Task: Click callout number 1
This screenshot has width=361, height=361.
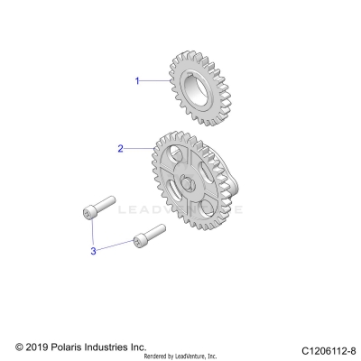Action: (x=137, y=80)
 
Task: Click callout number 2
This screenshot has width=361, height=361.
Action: (x=120, y=146)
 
